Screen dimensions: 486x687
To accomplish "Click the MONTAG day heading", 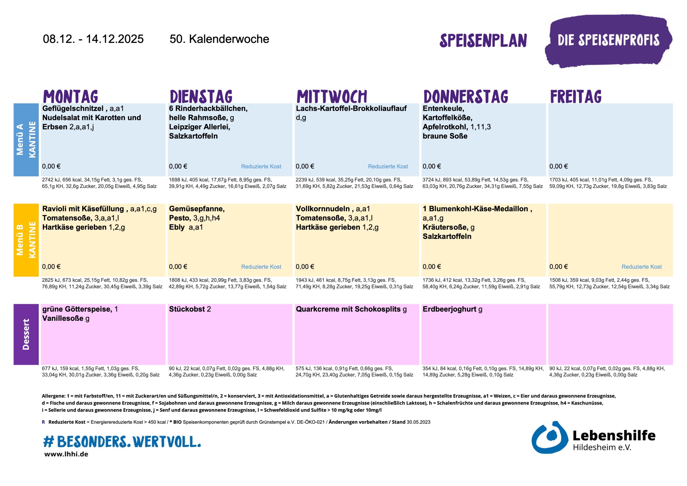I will point(71,96).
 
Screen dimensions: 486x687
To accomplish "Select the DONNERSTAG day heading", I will point(466,96).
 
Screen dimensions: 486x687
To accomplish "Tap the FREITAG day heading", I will point(576,96).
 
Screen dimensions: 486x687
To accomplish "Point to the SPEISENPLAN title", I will point(483,41).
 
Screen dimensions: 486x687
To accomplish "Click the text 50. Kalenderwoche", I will point(219,39).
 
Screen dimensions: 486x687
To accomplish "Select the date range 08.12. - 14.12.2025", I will point(93,39).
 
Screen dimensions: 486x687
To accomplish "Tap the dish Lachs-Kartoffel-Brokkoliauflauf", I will point(351,108).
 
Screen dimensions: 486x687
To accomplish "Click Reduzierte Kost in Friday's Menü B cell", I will point(642,267).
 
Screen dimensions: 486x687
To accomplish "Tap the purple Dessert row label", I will point(26,334).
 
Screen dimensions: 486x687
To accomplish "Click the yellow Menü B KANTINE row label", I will point(26,240).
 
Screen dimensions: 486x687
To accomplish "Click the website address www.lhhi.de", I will point(66,454).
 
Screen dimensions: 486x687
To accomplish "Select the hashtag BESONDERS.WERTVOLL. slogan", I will point(122,441).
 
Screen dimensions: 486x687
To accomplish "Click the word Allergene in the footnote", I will point(53,396).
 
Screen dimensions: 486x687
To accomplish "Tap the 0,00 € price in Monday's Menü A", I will point(51,166).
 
